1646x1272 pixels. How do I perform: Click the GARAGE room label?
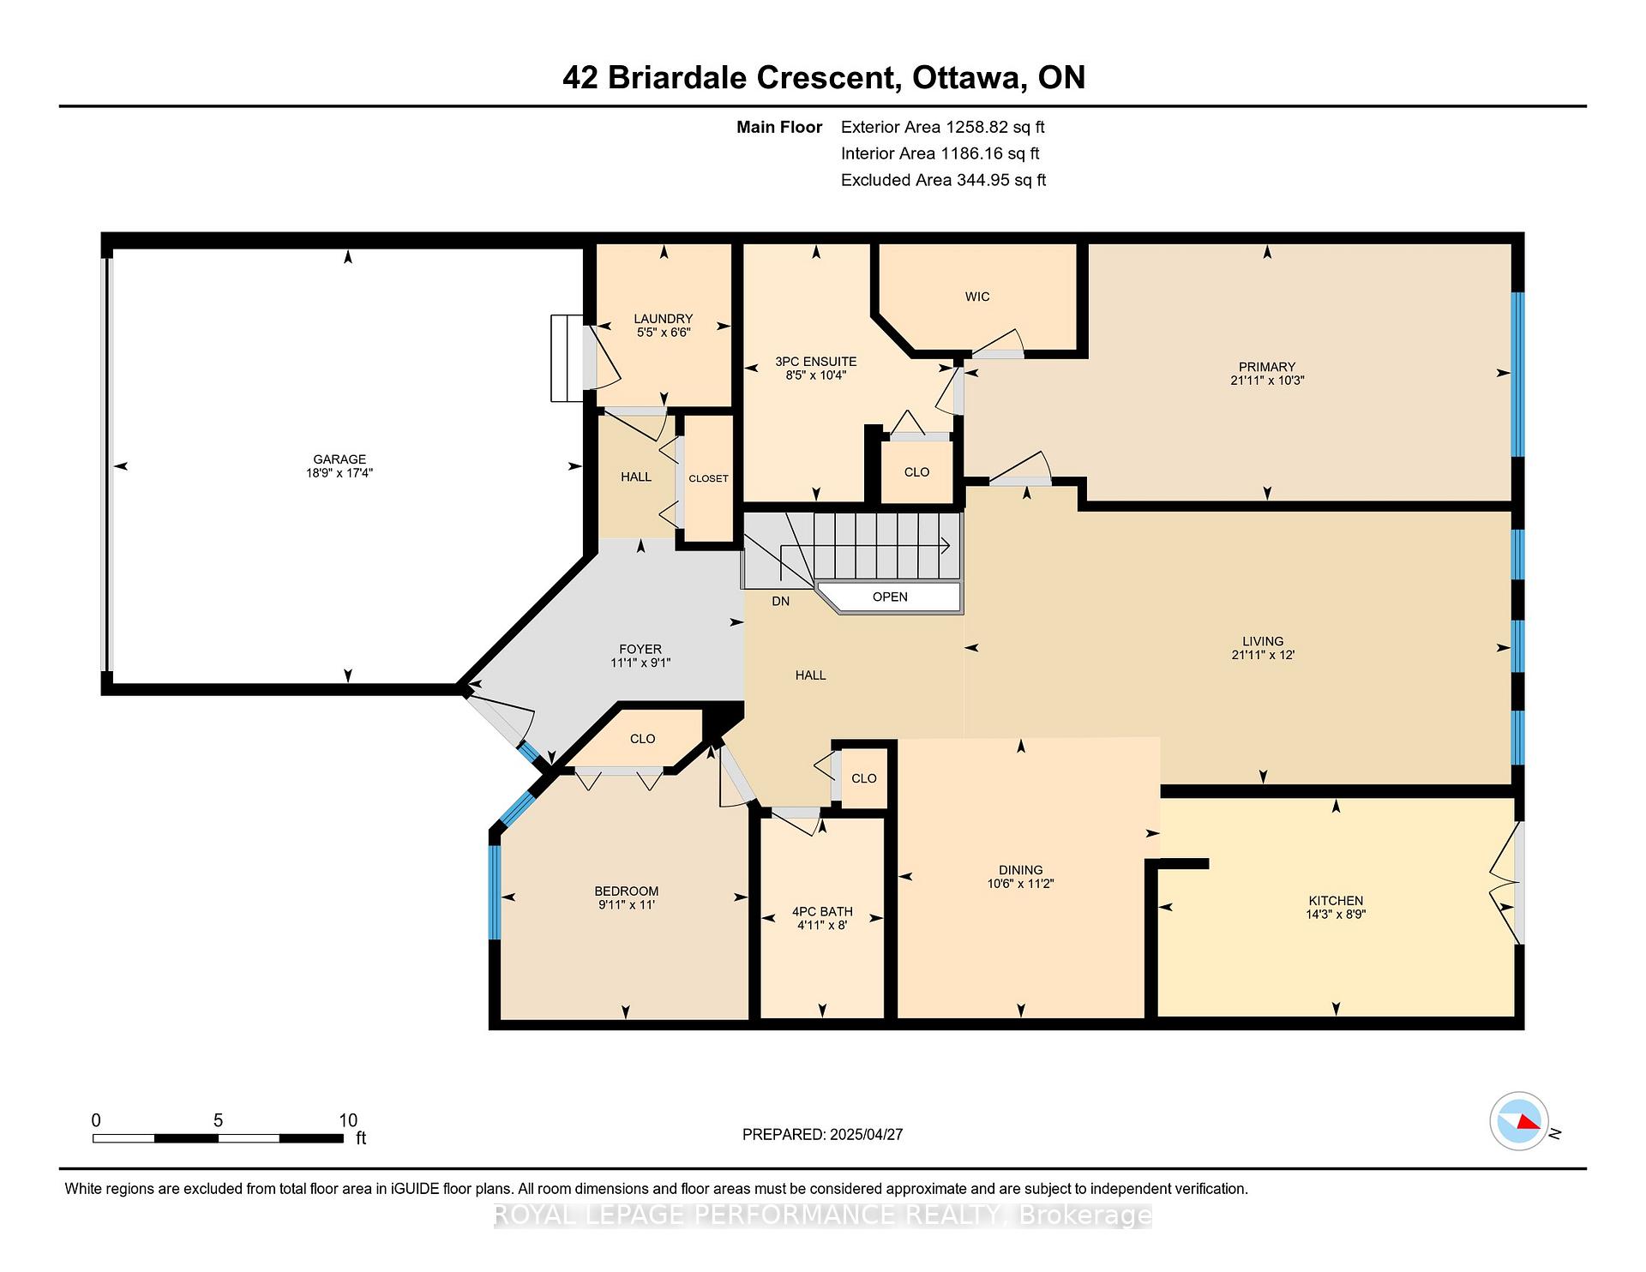(x=339, y=459)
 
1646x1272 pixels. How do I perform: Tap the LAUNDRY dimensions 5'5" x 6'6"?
(x=664, y=333)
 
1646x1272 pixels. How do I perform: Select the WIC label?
(x=977, y=297)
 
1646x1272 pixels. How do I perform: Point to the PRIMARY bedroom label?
(x=1267, y=367)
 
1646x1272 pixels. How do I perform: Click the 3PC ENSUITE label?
(x=816, y=362)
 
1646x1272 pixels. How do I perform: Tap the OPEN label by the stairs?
(x=890, y=597)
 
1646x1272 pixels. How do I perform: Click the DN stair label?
(x=780, y=602)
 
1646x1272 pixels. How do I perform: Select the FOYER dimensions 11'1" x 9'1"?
(x=640, y=663)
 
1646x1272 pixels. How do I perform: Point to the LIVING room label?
(x=1263, y=641)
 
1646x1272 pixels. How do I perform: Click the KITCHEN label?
(x=1336, y=901)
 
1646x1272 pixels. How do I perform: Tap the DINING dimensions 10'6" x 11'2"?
(x=1020, y=884)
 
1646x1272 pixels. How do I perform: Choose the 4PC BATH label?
(x=822, y=912)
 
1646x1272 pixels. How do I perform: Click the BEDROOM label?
(x=627, y=891)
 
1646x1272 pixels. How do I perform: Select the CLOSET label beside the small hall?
(x=708, y=478)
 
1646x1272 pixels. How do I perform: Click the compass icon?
(x=1519, y=1121)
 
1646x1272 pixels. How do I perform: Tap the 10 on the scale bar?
(x=348, y=1120)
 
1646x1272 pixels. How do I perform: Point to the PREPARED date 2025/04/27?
(x=867, y=1134)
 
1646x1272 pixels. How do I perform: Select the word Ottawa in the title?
(x=970, y=78)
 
